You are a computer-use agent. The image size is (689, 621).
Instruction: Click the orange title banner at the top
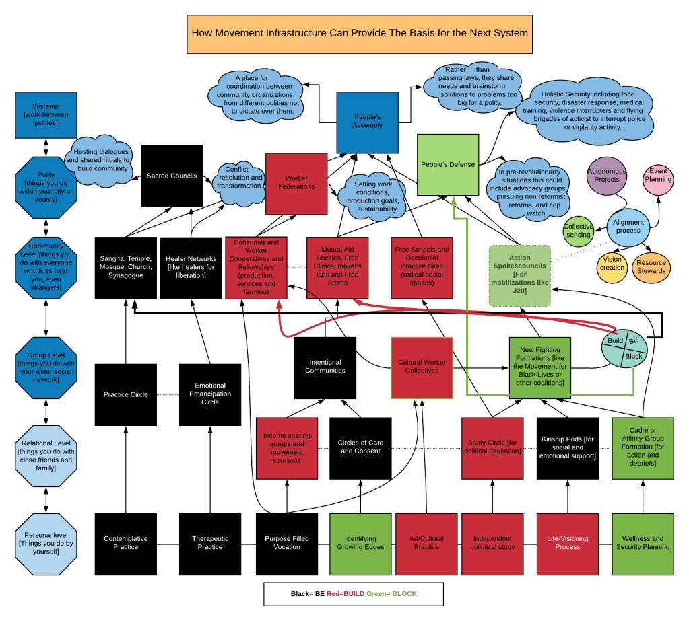[x=359, y=33]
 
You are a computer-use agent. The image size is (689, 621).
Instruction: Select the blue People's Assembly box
[x=368, y=122]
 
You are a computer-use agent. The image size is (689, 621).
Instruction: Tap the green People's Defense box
[x=448, y=165]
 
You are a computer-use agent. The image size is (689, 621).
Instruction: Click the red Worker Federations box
[x=296, y=183]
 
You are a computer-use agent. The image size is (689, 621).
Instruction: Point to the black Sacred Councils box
[x=172, y=176]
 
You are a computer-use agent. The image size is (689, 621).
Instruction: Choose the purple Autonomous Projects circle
[x=607, y=176]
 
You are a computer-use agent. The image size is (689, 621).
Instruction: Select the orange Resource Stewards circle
[x=651, y=267]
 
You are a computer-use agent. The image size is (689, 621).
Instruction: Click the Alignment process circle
[x=628, y=226]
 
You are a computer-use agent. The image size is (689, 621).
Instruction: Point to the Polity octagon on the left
[x=46, y=188]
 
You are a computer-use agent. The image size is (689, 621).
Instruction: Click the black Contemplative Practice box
[x=126, y=543]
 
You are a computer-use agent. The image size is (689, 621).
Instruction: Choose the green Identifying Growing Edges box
[x=360, y=543]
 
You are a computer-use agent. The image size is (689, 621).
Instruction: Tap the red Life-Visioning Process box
[x=567, y=543]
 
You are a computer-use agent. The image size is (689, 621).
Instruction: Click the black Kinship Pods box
[x=567, y=447]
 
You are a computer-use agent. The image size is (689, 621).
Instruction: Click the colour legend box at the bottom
[x=354, y=594]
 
